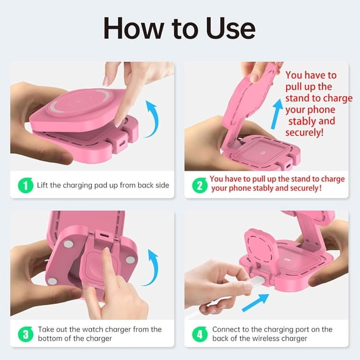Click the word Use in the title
(230, 29)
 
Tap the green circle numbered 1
(26, 185)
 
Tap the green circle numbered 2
(200, 185)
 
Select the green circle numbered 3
(26, 334)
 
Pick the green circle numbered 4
(200, 334)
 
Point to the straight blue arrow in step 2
(277, 114)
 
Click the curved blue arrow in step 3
(152, 267)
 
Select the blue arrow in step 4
(256, 302)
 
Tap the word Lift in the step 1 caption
(42, 185)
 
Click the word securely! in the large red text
(304, 132)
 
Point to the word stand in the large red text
(297, 98)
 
